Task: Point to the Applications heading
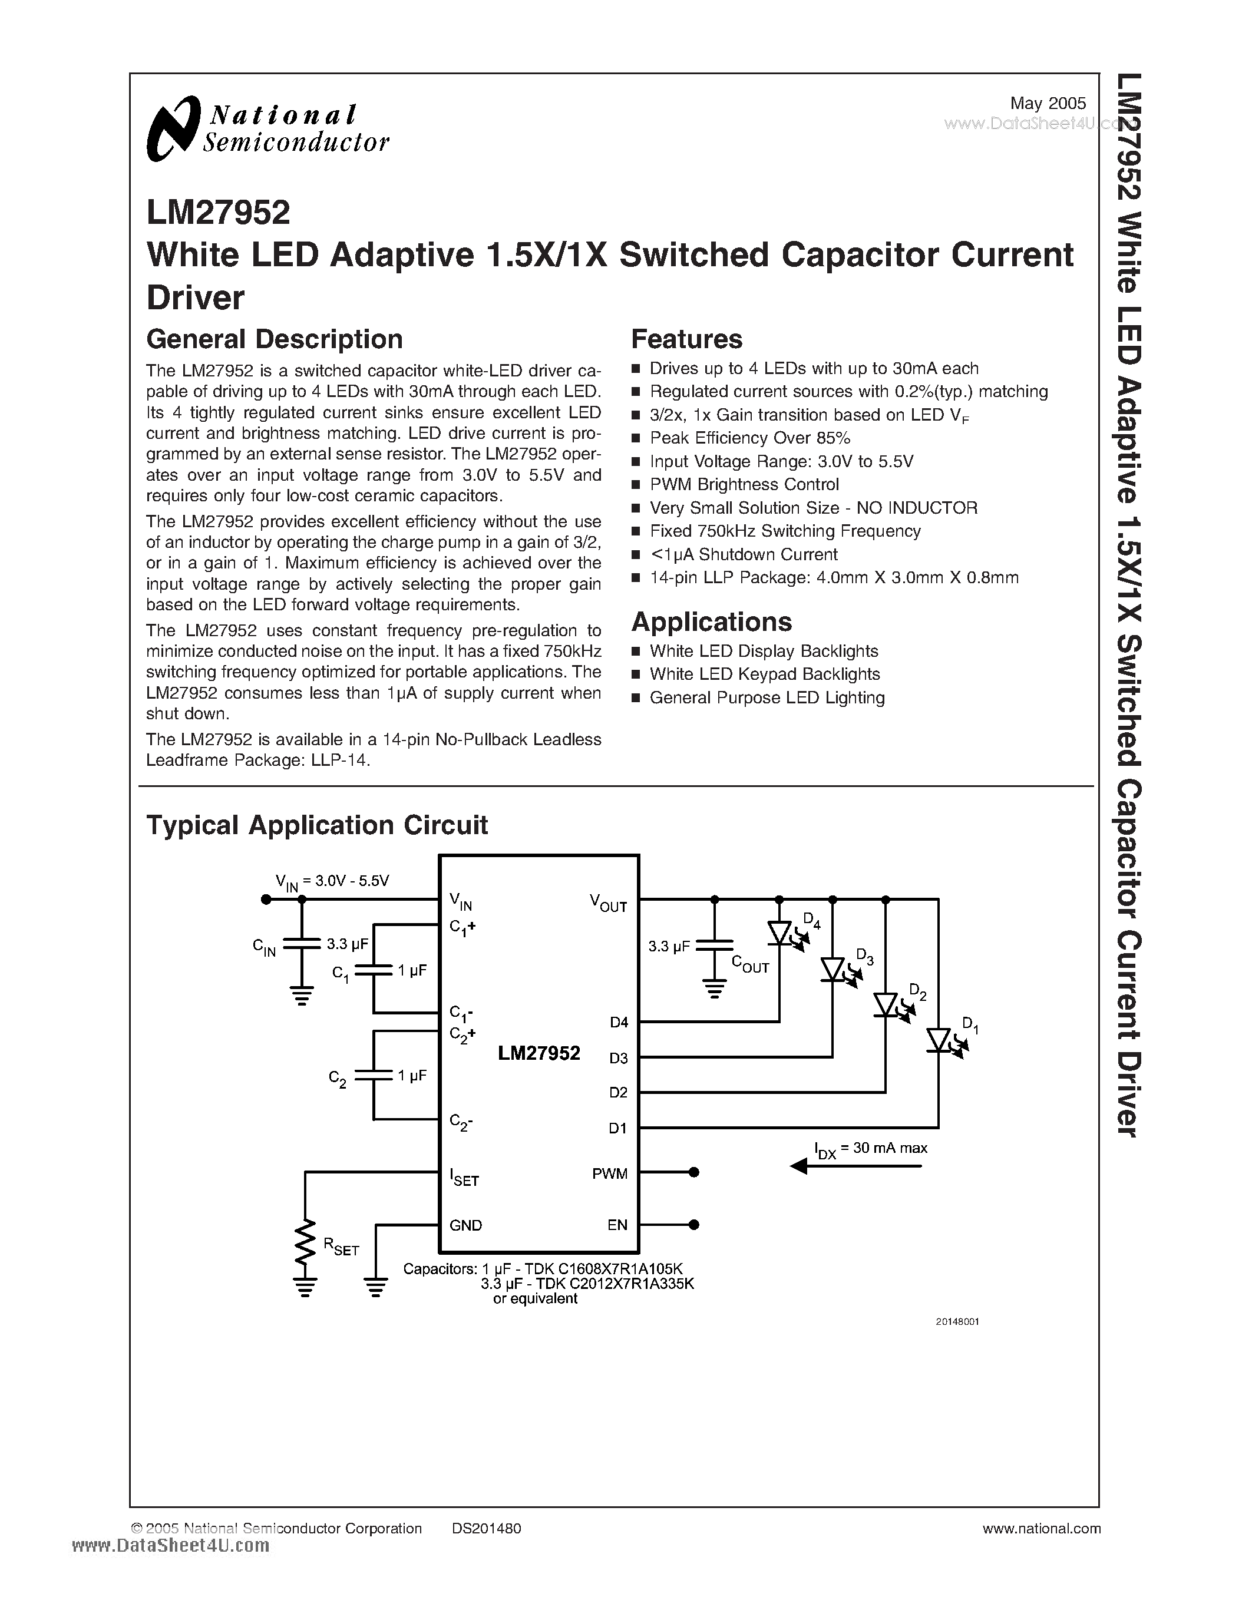tap(711, 621)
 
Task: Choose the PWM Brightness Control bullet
tap(744, 484)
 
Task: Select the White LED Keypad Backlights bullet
tap(764, 675)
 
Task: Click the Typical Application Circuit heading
tap(317, 825)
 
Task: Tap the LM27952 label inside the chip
tap(539, 1053)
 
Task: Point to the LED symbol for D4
tap(779, 933)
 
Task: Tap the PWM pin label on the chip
tap(610, 1173)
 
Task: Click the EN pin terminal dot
tap(694, 1225)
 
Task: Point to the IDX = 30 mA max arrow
tap(857, 1167)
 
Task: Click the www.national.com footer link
tap(1040, 1528)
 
